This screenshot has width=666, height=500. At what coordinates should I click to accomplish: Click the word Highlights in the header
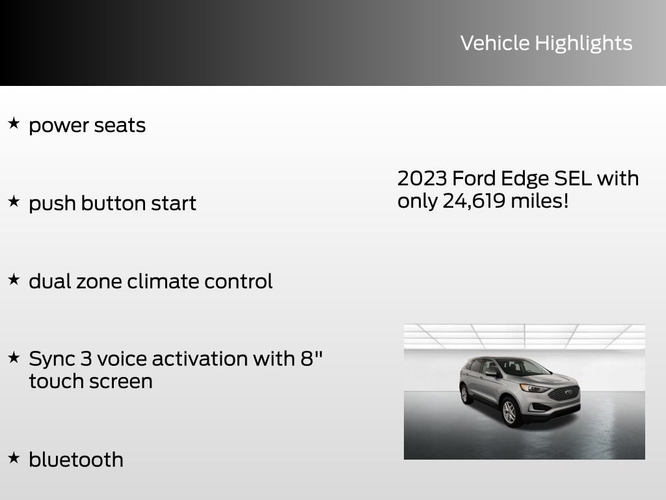[583, 43]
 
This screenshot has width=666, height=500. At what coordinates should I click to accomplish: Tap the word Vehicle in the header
[495, 43]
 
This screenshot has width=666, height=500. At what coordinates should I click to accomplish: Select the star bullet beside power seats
[14, 123]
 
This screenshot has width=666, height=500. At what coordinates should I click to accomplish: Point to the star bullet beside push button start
[14, 201]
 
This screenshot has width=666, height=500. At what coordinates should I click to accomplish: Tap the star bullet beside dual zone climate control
[14, 279]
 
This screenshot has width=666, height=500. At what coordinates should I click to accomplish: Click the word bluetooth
[76, 460]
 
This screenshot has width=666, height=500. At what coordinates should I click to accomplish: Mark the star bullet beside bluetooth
[14, 458]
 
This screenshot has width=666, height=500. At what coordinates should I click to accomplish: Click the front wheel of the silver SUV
[509, 411]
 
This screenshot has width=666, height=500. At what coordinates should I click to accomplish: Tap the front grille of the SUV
[563, 393]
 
